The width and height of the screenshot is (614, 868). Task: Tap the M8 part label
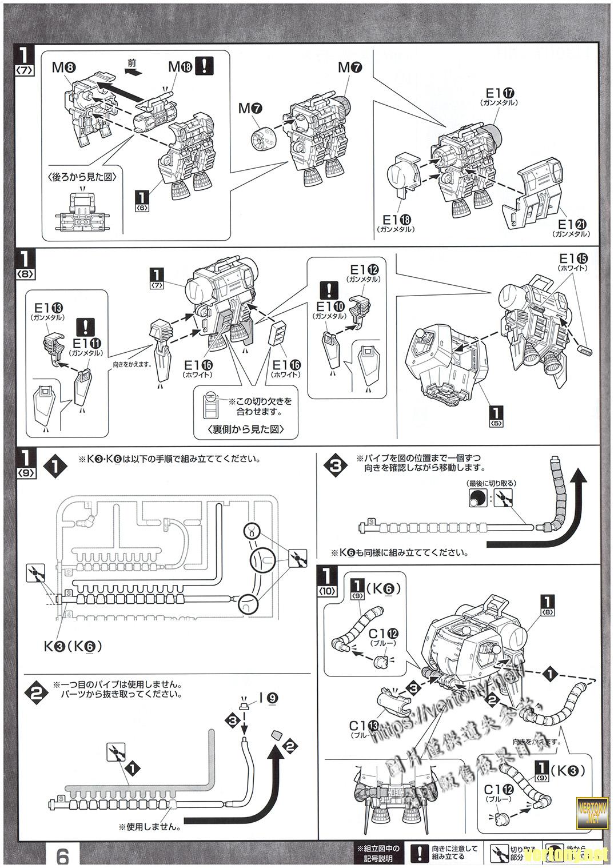tap(63, 67)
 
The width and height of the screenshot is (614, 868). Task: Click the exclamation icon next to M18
tap(204, 66)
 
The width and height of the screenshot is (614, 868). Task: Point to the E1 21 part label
tap(573, 225)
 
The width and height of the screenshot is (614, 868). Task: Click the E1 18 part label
tap(394, 220)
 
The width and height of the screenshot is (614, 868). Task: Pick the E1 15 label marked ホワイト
tap(573, 258)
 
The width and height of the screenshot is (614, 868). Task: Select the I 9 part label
tap(269, 698)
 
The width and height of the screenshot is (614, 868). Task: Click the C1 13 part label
tap(364, 725)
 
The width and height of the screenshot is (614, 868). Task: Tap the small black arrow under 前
tap(132, 73)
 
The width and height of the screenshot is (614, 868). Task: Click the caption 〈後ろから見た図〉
tap(83, 177)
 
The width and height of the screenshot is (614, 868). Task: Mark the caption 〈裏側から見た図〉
tap(248, 429)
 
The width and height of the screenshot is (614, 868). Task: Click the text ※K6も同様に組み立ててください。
tap(400, 553)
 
